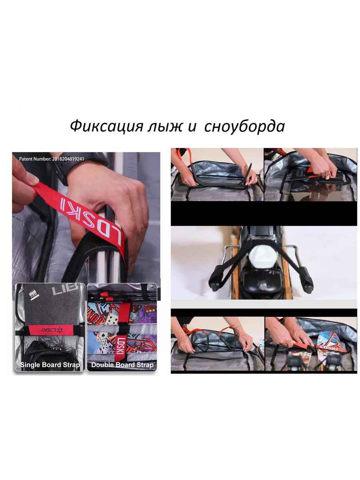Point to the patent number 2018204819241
click(x=68, y=159)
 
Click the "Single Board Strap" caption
click(x=50, y=365)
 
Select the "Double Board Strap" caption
click(x=122, y=365)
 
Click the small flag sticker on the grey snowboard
click(x=34, y=294)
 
